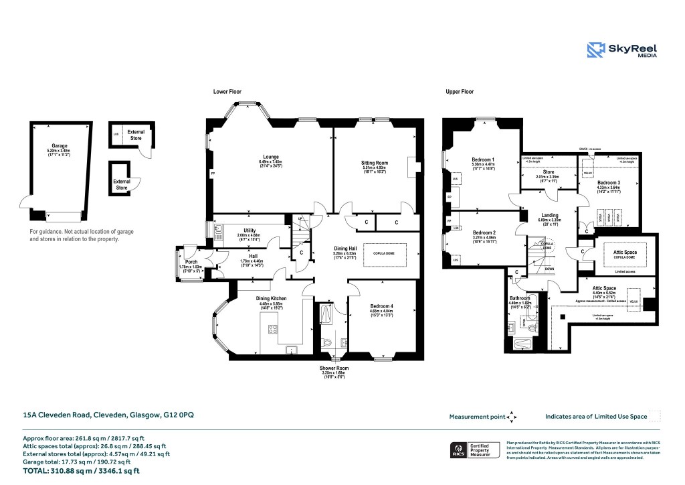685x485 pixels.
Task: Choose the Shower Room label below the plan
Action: (332, 368)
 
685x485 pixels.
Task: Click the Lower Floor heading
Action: (227, 91)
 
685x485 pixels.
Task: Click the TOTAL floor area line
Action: (81, 471)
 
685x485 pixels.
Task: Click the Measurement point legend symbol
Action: (512, 417)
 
